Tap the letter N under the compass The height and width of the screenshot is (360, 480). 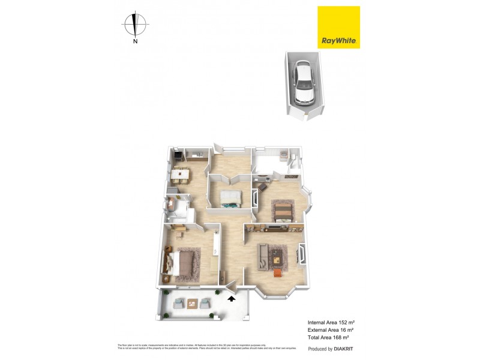click(136, 41)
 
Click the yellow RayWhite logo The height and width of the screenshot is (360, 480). click(338, 27)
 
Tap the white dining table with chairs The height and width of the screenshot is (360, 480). click(181, 175)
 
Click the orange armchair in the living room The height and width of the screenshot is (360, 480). click(277, 274)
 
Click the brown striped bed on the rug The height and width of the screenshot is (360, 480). click(283, 210)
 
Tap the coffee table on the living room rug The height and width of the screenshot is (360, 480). click(276, 259)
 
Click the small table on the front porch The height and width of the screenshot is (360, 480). click(193, 303)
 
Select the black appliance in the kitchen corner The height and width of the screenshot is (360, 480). click(178, 157)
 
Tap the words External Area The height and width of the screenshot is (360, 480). click(324, 330)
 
